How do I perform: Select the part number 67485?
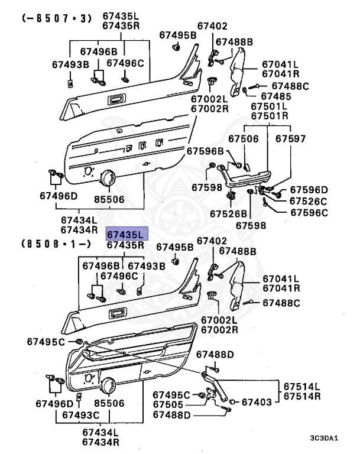pyautogui.click(x=276, y=96)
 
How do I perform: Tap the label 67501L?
pyautogui.click(x=269, y=106)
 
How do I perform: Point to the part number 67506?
pyautogui.click(x=244, y=139)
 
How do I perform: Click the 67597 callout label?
pyautogui.click(x=291, y=139)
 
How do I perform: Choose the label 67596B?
pyautogui.click(x=205, y=151)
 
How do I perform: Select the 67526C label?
pyautogui.click(x=308, y=201)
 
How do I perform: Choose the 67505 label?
pyautogui.click(x=168, y=404)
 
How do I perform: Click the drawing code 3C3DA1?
pyautogui.click(x=323, y=438)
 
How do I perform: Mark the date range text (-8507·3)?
pyautogui.click(x=57, y=18)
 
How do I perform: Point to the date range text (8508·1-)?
pyautogui.click(x=57, y=243)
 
